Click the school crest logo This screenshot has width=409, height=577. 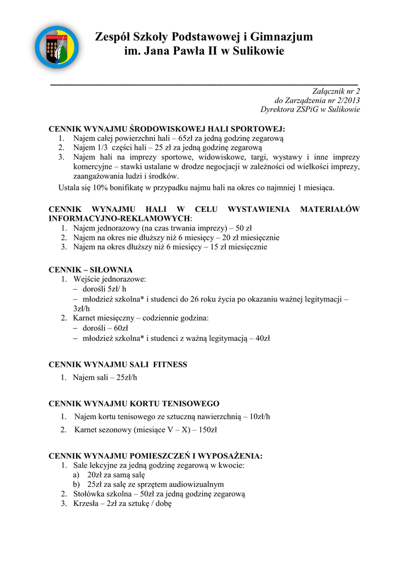56,47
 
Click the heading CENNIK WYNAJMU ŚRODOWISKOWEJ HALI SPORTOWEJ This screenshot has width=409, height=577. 167,128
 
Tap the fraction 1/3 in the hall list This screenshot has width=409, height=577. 102,147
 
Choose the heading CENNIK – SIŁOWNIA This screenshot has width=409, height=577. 91,270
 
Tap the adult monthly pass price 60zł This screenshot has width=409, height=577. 121,327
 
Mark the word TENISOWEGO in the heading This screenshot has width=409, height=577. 191,403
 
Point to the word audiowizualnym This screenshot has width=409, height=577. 197,484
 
